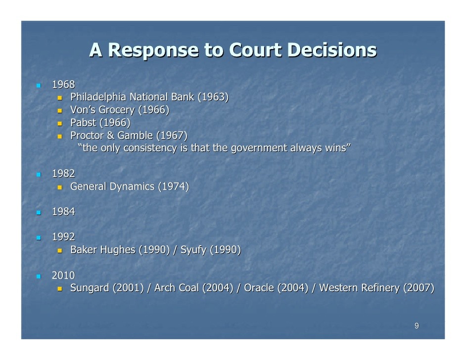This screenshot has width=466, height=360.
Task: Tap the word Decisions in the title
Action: point(332,49)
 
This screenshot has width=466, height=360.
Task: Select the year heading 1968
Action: point(63,85)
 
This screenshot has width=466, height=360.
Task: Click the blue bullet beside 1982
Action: point(39,175)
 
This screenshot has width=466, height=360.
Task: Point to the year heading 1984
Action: point(63,212)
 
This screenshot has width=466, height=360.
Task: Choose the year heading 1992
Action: point(63,237)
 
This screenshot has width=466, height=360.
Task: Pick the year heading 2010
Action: point(63,275)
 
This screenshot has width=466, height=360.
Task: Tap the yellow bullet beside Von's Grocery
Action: point(60,111)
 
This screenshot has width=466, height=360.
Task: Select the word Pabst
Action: point(83,123)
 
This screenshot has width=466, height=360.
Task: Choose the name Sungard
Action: point(90,288)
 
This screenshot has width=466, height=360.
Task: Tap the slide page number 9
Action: point(417,326)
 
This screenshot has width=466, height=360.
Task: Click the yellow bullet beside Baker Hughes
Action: point(60,251)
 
